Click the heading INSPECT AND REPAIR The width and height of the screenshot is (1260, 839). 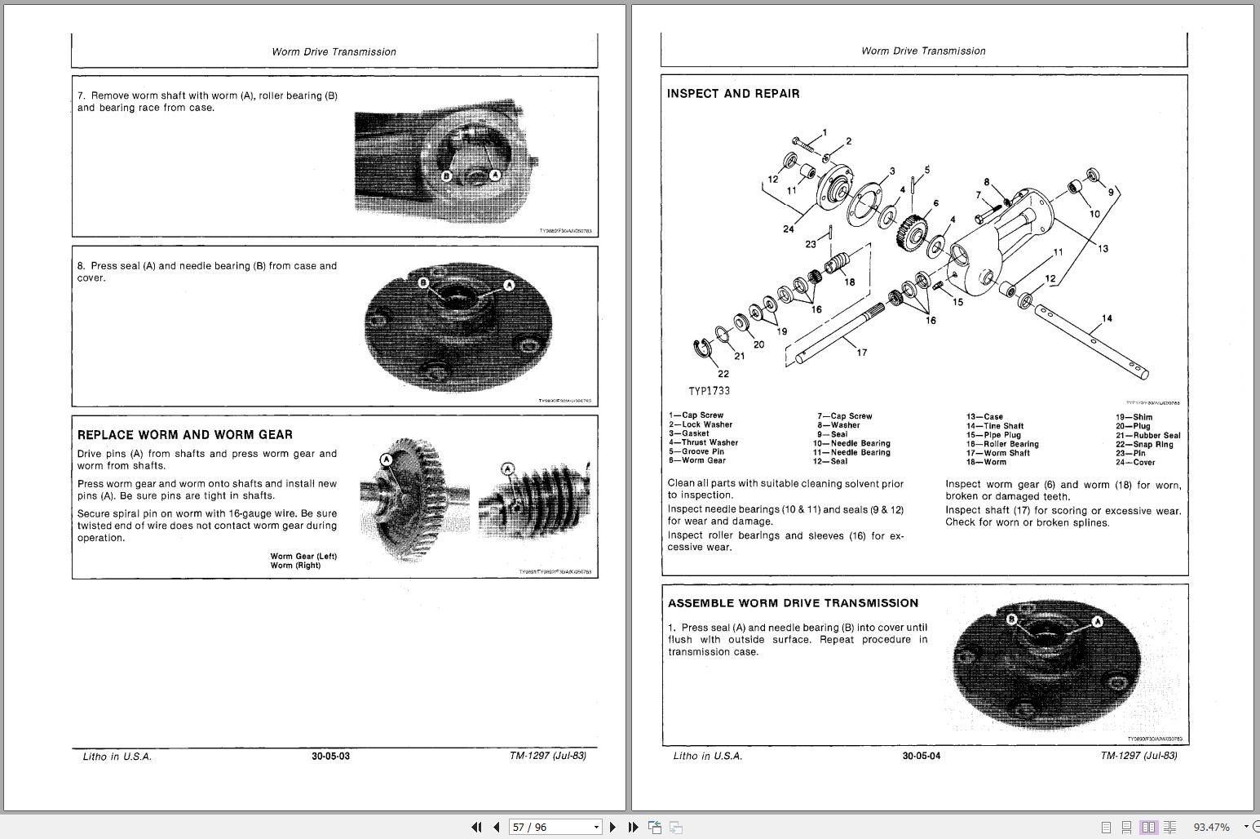point(733,94)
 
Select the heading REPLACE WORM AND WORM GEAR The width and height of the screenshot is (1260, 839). point(184,435)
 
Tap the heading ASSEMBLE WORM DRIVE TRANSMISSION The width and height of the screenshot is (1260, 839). point(793,603)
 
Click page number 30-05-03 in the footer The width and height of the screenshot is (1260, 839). point(330,757)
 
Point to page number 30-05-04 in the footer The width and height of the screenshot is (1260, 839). point(921,757)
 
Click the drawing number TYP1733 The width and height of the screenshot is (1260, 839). point(709,392)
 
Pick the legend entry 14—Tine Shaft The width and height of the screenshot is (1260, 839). point(995,426)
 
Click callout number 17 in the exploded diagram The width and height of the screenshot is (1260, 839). point(862,353)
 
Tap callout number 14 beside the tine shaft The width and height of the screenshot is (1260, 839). point(1107,318)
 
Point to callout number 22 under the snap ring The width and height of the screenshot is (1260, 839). point(723,374)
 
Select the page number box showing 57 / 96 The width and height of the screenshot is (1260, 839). point(555,827)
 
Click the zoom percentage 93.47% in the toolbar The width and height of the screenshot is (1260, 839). point(1211,827)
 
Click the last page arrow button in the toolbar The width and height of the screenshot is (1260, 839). point(633,827)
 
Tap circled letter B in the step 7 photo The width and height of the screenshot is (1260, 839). point(446,175)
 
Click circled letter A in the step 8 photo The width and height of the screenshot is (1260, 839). point(509,285)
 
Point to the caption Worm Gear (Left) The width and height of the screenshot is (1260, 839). point(303,557)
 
